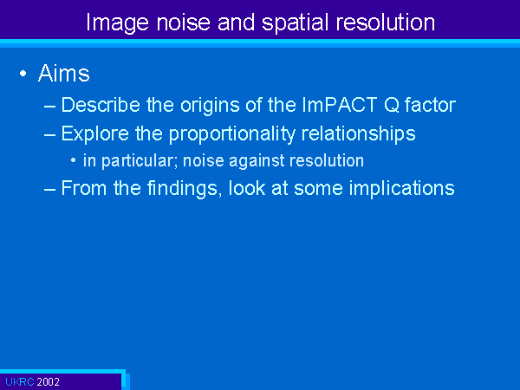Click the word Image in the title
point(117,23)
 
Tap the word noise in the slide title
point(184,23)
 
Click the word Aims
point(63,73)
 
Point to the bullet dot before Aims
point(23,74)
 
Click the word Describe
point(101,105)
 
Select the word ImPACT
point(339,105)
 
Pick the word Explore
point(95,134)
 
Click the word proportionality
point(231,134)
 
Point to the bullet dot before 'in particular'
point(74,161)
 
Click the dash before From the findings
point(49,189)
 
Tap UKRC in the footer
point(20,382)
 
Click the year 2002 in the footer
point(48,382)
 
